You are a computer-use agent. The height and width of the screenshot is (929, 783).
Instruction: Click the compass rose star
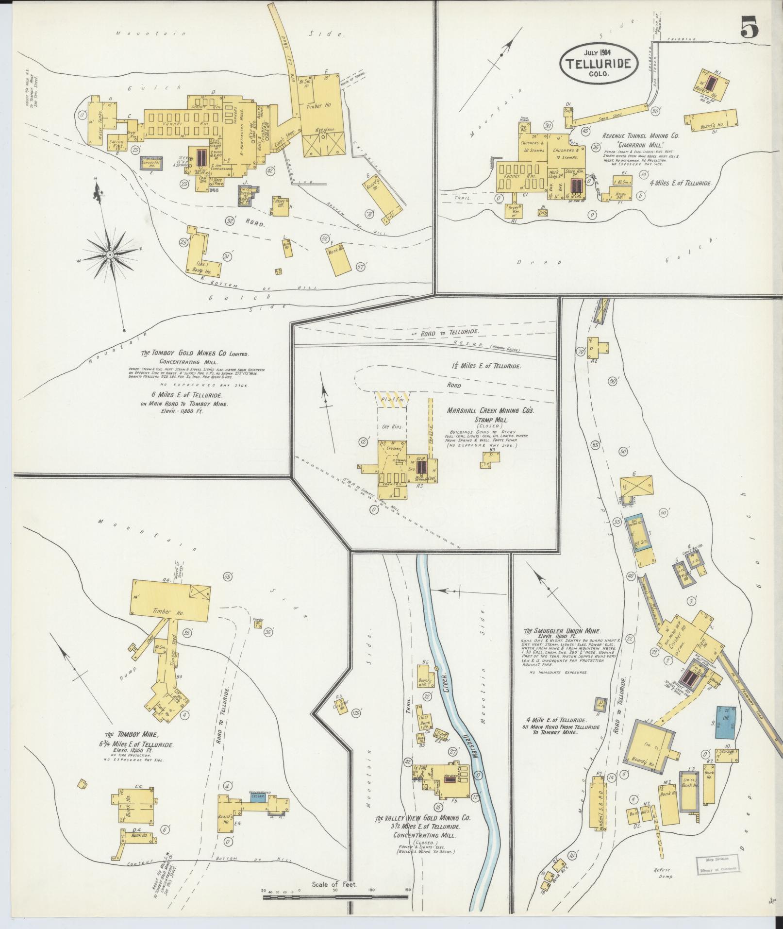pyautogui.click(x=110, y=254)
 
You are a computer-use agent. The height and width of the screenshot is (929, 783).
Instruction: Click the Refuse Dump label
pyautogui.click(x=663, y=870)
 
